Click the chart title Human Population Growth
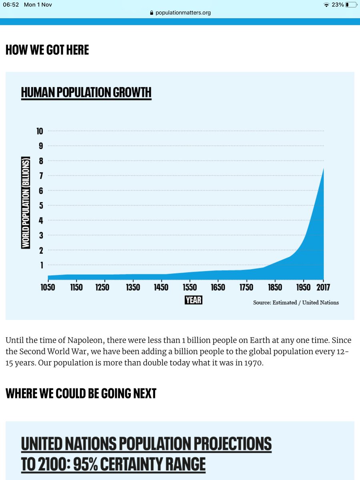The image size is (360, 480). (86, 92)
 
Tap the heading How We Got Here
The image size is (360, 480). (47, 50)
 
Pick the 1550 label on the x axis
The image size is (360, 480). (190, 287)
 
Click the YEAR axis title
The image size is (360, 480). (194, 300)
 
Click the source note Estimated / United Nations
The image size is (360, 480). (296, 302)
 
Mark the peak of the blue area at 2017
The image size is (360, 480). (323, 168)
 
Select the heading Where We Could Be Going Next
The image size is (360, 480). (81, 393)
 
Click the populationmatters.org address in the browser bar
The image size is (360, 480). (183, 12)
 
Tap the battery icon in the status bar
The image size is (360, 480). (352, 5)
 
